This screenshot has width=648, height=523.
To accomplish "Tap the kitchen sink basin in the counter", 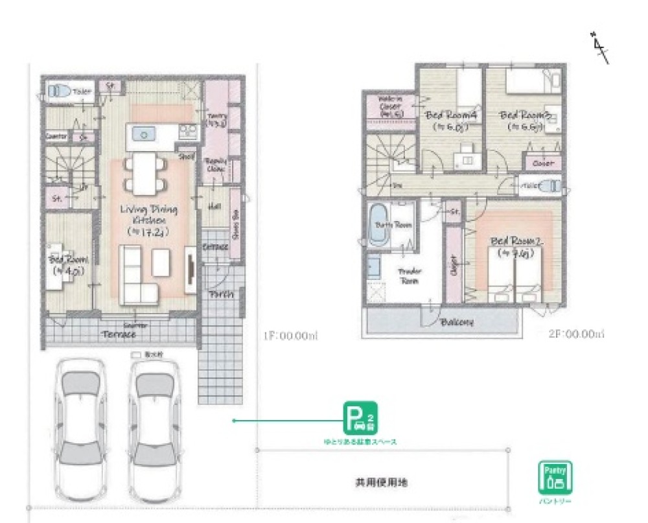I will tap(143, 134).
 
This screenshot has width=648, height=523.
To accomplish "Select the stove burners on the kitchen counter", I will tap(187, 132).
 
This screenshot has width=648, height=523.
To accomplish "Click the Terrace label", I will tap(119, 334).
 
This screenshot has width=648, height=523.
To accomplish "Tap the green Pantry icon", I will tap(555, 478).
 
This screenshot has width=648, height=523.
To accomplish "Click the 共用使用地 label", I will tap(381, 483).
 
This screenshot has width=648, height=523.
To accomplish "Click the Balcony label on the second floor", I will tap(456, 322).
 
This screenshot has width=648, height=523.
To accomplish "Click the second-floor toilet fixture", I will tap(550, 186).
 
